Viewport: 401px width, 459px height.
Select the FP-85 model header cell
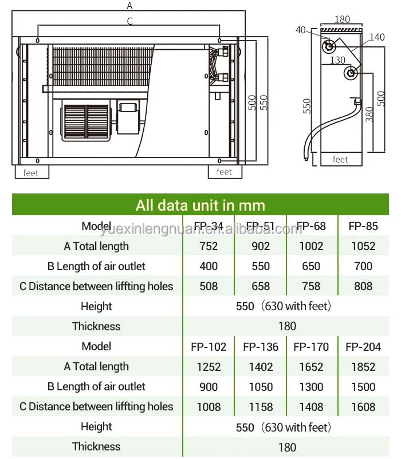tap(363, 226)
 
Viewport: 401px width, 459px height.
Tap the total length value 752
tap(209, 246)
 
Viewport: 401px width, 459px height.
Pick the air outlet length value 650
tap(312, 266)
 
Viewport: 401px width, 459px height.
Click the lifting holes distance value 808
tap(363, 286)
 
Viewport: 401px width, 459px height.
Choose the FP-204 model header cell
tap(363, 347)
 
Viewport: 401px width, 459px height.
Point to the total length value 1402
tap(261, 367)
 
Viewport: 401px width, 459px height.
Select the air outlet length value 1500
tap(363, 387)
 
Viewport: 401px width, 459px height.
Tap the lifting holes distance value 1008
tap(209, 407)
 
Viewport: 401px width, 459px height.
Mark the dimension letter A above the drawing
tap(130, 6)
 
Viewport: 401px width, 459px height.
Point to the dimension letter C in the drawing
tap(130, 21)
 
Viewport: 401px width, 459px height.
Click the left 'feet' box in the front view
tap(32, 172)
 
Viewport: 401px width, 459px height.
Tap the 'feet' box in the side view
tap(340, 160)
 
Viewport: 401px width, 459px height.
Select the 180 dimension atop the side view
tap(342, 19)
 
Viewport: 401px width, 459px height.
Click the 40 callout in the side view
tap(301, 30)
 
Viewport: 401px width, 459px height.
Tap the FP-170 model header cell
tap(312, 347)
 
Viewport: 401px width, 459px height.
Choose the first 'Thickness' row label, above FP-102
tap(96, 326)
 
